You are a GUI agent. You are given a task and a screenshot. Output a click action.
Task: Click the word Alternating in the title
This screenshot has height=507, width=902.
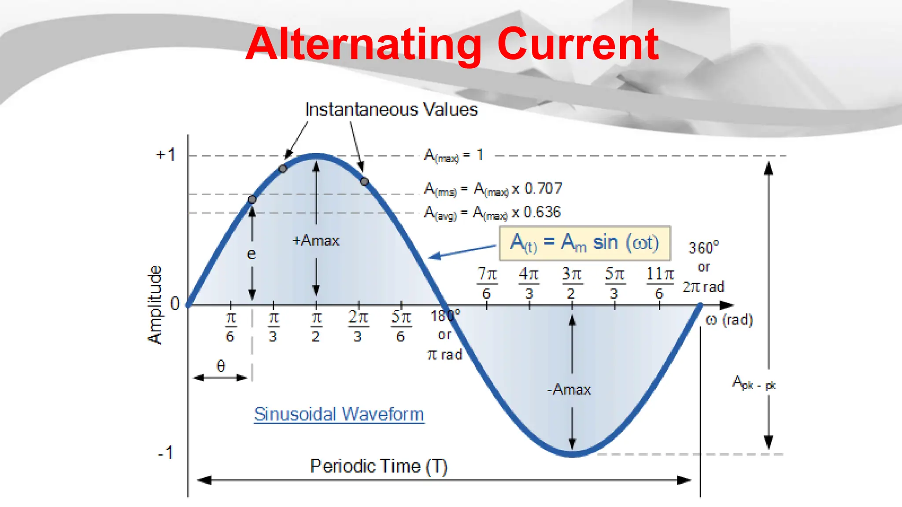364,44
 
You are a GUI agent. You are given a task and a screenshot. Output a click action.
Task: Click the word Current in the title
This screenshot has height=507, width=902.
578,44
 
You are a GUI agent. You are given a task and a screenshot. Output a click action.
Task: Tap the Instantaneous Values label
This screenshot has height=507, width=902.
391,110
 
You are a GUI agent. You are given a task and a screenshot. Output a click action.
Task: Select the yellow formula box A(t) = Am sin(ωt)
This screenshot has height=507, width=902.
584,243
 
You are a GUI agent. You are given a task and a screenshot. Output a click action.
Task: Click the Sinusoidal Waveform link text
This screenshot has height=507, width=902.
339,414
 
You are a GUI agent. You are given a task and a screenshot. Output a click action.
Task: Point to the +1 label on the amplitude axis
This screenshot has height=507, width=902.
166,155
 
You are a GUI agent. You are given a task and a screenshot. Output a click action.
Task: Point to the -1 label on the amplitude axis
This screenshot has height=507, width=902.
166,453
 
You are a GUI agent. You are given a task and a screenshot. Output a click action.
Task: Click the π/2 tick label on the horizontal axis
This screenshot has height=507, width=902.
316,327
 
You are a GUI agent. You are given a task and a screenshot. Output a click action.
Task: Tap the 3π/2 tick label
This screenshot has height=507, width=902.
571,283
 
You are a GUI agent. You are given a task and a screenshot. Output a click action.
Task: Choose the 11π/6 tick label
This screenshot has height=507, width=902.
659,283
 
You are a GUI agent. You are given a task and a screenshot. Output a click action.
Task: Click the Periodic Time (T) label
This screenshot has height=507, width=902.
378,466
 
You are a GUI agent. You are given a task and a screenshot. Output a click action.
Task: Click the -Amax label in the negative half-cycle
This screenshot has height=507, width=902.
569,389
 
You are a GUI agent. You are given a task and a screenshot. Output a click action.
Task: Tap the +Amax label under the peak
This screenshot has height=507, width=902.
316,241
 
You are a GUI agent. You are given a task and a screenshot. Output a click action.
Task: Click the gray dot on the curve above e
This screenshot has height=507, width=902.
252,199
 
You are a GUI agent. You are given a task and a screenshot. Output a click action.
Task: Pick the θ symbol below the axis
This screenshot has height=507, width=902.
221,366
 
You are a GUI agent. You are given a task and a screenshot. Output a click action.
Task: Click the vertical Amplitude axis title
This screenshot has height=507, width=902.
155,305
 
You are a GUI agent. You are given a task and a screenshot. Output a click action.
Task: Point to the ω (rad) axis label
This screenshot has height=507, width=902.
729,320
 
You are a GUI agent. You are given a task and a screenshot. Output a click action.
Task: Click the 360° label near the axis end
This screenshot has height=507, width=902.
703,248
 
